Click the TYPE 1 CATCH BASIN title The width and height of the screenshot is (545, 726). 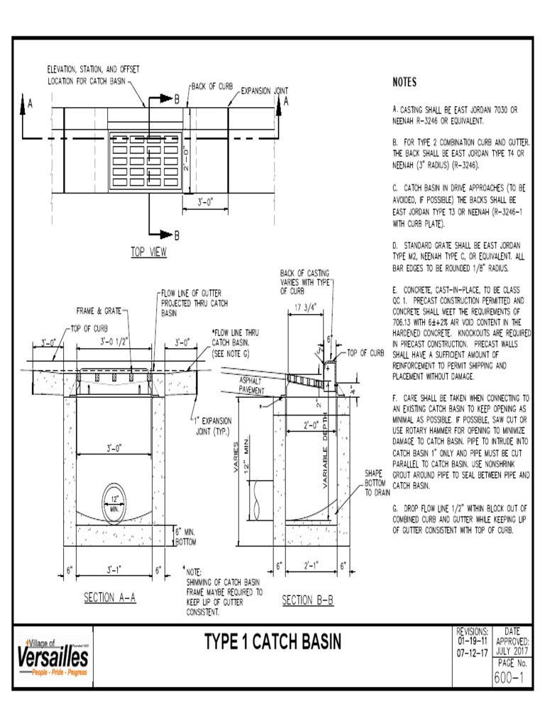click(x=273, y=642)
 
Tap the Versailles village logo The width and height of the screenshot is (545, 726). click(x=53, y=655)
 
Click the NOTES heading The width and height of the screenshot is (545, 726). click(x=404, y=83)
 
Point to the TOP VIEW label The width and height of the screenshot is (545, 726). click(x=148, y=252)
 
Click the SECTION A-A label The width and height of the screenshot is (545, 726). click(x=109, y=597)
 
